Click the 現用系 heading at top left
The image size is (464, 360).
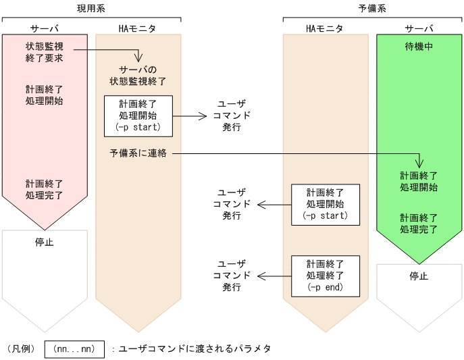pos(92,9)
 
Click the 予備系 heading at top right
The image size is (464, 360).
pos(373,9)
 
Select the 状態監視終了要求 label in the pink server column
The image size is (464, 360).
pos(45,52)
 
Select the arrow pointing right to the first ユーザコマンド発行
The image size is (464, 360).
pos(190,115)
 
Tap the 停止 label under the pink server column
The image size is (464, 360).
pos(45,241)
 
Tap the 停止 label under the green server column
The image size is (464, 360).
pos(419,276)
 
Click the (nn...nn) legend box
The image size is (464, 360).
pos(74,349)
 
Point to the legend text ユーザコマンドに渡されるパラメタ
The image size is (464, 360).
pos(196,349)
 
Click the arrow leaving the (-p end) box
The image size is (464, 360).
pos(274,276)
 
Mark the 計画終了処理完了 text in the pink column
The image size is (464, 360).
pos(45,189)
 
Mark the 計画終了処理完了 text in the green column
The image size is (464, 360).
pos(419,224)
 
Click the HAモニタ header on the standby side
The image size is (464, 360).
pos(325,28)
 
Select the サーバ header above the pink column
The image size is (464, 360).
pos(45,28)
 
